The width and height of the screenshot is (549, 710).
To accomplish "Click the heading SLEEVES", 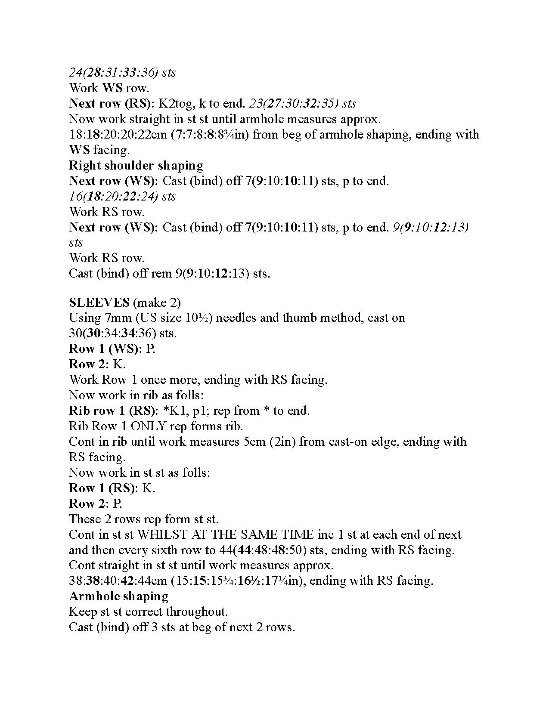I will pyautogui.click(x=99, y=303).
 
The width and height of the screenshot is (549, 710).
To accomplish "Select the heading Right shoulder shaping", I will pyautogui.click(x=136, y=166).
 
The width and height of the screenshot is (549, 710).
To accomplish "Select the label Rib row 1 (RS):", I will pyautogui.click(x=114, y=411).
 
